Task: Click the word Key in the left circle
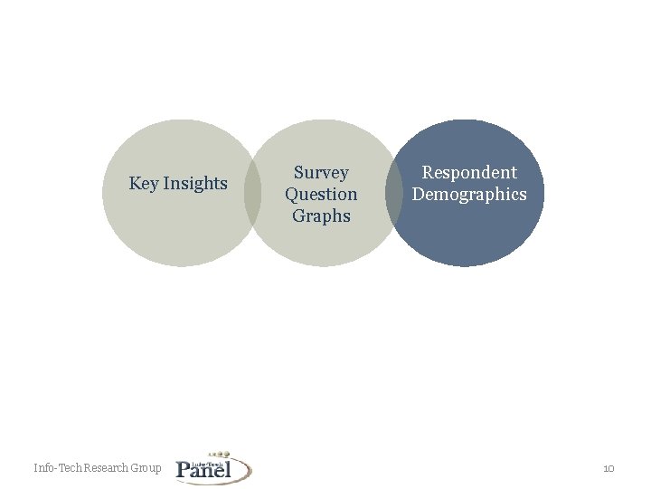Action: click(145, 184)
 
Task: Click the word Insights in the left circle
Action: click(195, 184)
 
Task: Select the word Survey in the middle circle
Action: click(321, 172)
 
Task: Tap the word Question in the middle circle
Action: click(321, 194)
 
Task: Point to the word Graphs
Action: click(321, 216)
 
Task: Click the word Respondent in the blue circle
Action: click(469, 172)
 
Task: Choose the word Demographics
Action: click(469, 194)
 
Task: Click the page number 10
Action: click(609, 468)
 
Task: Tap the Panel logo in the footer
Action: click(213, 468)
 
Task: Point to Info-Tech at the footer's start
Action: click(57, 468)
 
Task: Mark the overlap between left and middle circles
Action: click(252, 193)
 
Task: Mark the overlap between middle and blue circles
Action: click(393, 193)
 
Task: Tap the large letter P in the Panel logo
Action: click(184, 469)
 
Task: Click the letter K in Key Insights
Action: click(135, 184)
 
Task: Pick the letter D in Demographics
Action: click(418, 194)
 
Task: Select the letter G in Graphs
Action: click(297, 216)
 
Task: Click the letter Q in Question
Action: click(291, 194)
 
